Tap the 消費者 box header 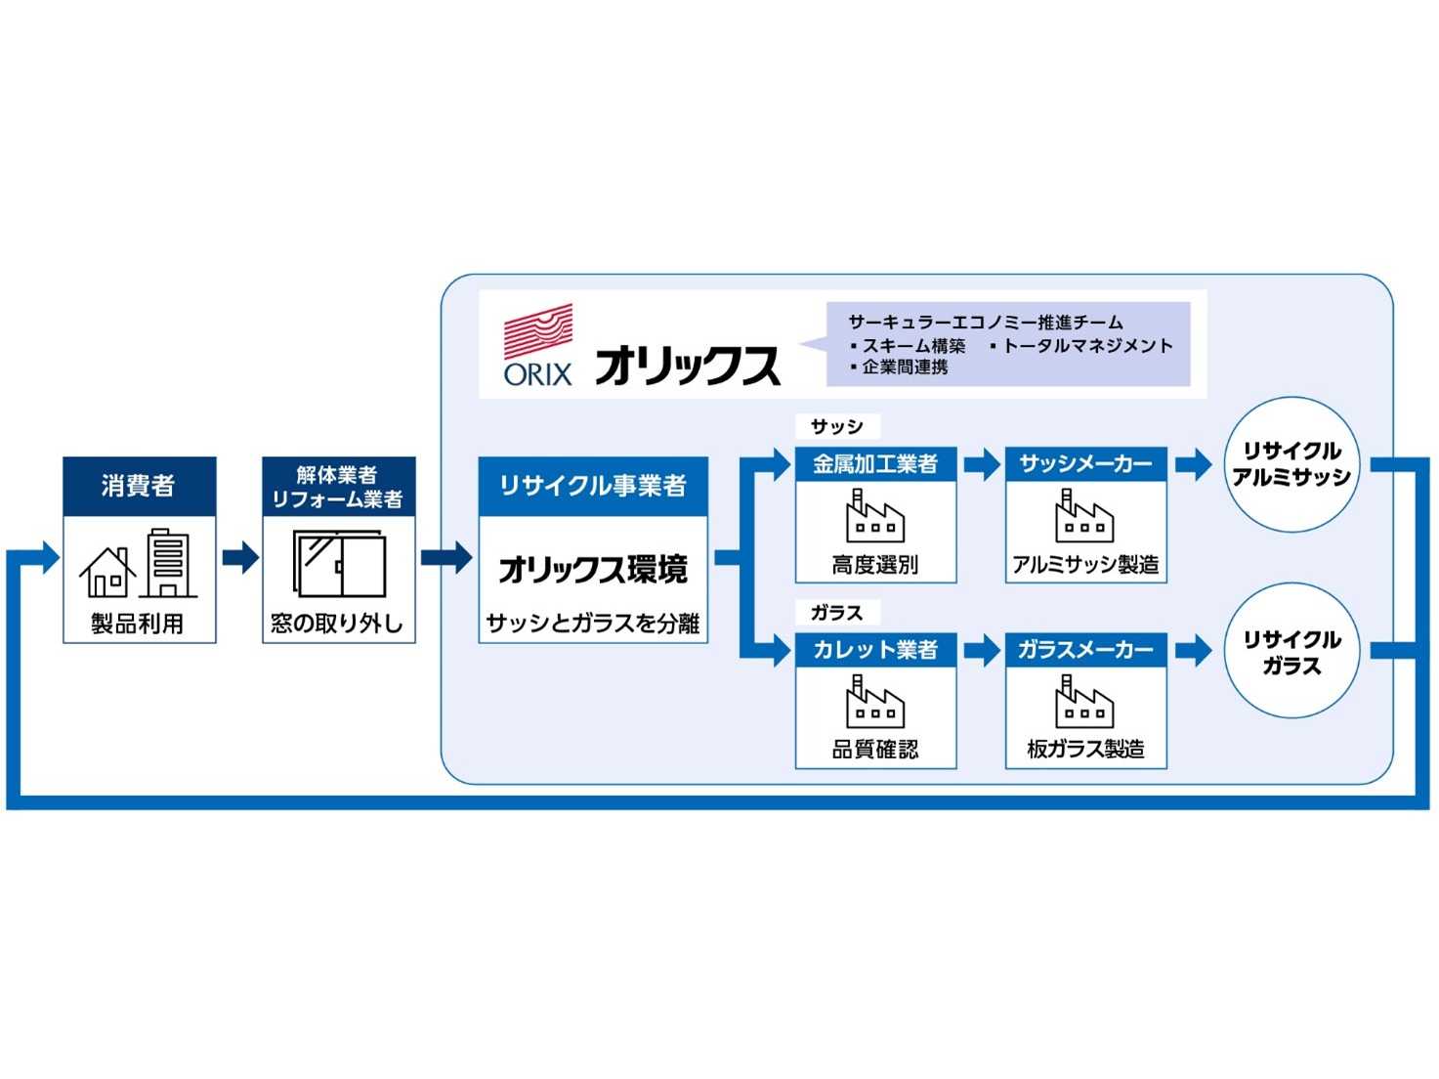(139, 486)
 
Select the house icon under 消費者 (107, 573)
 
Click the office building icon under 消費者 (168, 563)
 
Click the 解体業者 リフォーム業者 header (338, 487)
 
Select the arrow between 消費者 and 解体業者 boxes (240, 558)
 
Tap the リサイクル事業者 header (592, 486)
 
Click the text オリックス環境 (592, 569)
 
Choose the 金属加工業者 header (875, 464)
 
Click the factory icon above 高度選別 (874, 517)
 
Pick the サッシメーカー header (1085, 464)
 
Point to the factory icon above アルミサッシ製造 (1084, 517)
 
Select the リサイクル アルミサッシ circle (1291, 464)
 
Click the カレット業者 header (875, 650)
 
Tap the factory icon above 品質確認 (874, 703)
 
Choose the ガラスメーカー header (1085, 650)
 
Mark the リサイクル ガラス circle (1291, 652)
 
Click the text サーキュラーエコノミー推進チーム (985, 323)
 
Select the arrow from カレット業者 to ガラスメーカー (981, 650)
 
